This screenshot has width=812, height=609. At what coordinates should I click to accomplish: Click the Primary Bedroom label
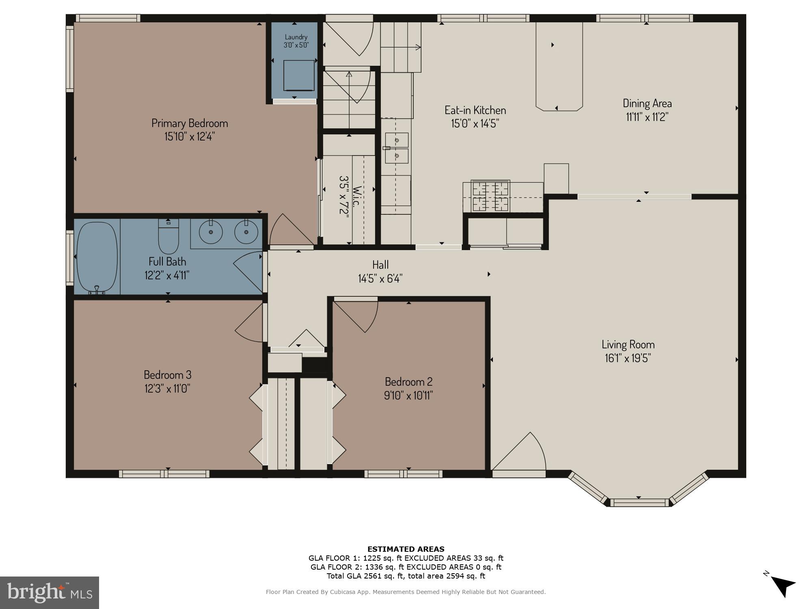point(190,123)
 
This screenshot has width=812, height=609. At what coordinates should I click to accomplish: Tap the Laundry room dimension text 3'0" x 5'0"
point(296,45)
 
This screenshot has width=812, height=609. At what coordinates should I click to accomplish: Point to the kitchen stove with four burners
point(490,197)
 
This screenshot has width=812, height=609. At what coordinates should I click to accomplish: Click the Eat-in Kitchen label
point(475,110)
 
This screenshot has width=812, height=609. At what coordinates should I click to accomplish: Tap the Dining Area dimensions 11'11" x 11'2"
point(647,117)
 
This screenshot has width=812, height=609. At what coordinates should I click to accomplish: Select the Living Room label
point(628,345)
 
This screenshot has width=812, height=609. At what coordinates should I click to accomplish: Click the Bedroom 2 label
point(408,382)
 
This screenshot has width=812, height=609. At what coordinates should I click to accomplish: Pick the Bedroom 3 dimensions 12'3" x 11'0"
point(167,389)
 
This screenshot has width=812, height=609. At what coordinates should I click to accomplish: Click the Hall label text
point(380,265)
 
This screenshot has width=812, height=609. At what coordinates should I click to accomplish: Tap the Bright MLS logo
point(50,593)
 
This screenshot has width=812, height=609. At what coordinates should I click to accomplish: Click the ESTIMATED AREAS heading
point(406,549)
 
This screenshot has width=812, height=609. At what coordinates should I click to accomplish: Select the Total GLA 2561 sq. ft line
point(406,576)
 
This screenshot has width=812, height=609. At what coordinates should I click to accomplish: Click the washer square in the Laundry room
point(299,76)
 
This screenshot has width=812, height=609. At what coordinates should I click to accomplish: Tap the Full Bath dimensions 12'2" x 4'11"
point(167,275)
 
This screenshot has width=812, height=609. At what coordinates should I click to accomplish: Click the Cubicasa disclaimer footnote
point(406,592)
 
